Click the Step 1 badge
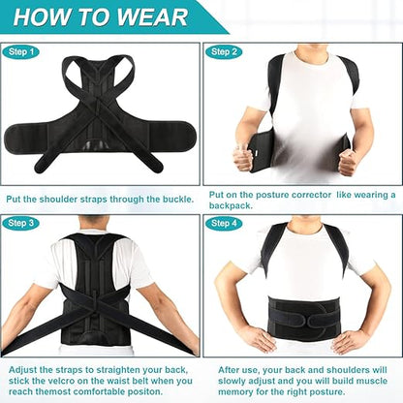click(20, 52)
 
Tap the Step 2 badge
click(223, 52)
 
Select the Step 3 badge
click(20, 224)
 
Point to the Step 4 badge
click(223, 224)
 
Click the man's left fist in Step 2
click(347, 160)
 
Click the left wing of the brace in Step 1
click(39, 137)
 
